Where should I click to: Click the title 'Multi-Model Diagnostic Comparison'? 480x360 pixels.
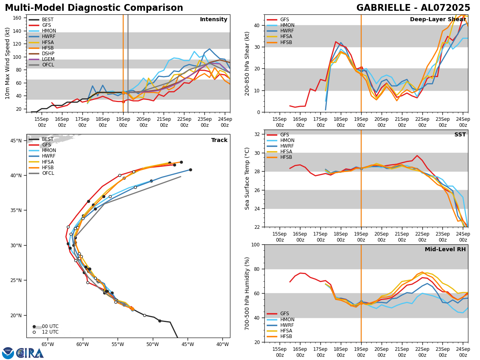(94, 8)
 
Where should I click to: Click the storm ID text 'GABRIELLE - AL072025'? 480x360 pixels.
(413, 8)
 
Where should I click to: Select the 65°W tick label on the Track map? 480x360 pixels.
(48, 344)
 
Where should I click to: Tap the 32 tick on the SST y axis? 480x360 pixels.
(258, 134)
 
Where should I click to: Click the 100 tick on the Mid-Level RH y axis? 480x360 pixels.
(256, 244)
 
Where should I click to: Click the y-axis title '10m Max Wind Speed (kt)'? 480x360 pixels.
(8, 63)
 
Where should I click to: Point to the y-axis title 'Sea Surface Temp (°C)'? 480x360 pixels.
(247, 178)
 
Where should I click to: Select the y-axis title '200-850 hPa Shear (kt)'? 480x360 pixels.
(247, 63)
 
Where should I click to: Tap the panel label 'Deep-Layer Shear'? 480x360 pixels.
(438, 20)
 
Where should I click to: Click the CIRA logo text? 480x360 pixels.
(30, 353)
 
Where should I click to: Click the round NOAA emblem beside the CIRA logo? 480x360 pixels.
(8, 353)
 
